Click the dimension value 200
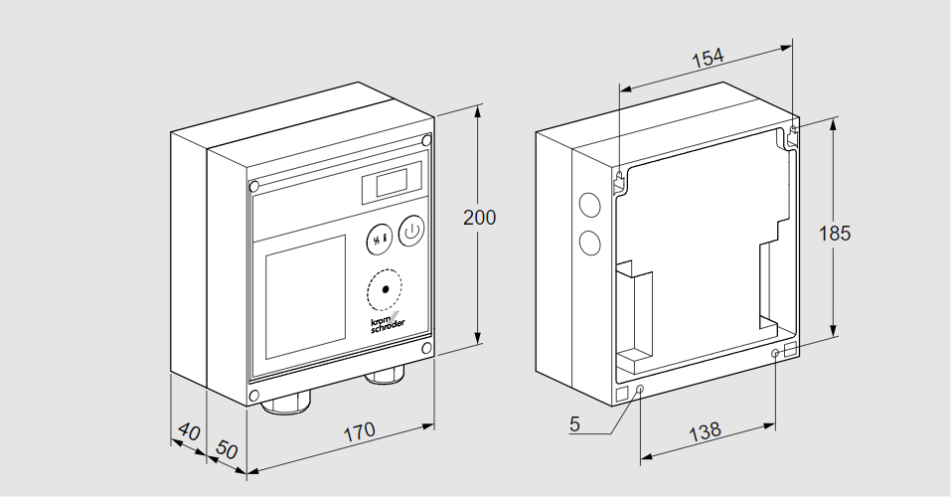pos(479,218)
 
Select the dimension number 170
pos(359,430)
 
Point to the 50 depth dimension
pos(228,449)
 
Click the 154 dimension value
pos(707,58)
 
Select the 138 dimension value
pos(705,431)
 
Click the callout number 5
pos(574,424)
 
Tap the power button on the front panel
pos(411,232)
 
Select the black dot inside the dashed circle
pos(386,290)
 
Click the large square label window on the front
pos(305,297)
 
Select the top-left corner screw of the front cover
pos(254,186)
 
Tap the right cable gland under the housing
pos(385,376)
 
